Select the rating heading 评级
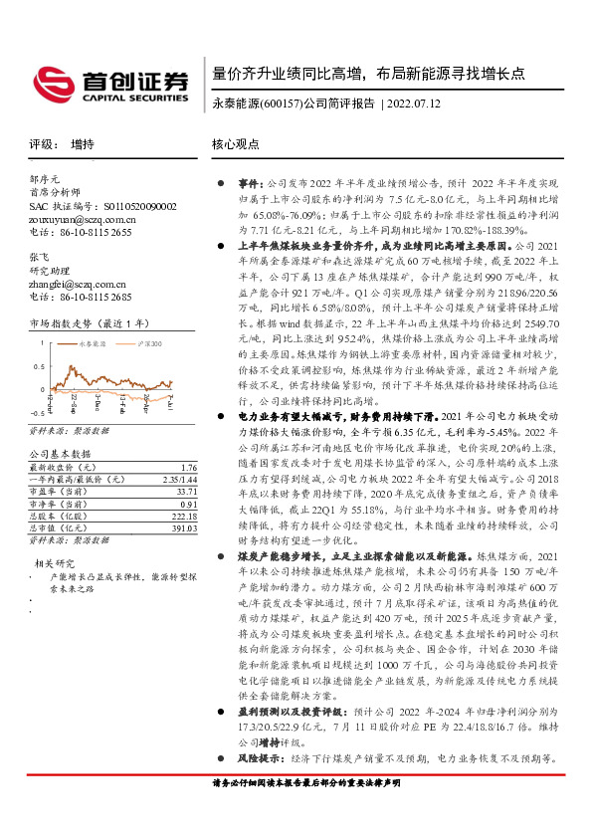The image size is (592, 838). tap(42, 143)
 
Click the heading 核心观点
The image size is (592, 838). tap(235, 143)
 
